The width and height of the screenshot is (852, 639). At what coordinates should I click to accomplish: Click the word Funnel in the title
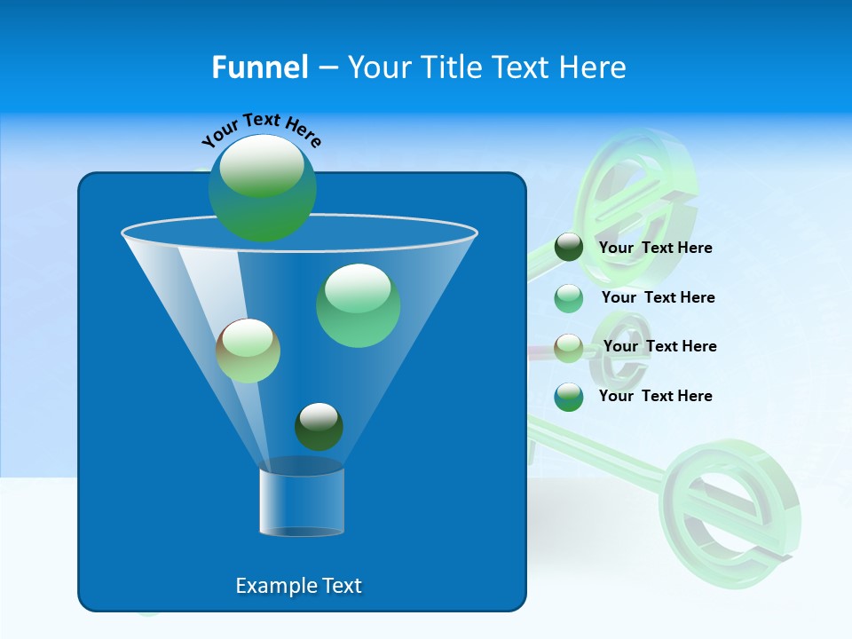coord(259,67)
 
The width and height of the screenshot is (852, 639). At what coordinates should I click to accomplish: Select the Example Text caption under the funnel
coord(298,586)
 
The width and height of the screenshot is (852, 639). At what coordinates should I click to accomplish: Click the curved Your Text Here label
coord(261,129)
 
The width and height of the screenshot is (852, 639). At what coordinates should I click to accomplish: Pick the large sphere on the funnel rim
coord(263,188)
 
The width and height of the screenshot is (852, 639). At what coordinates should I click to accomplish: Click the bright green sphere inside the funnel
coord(358,305)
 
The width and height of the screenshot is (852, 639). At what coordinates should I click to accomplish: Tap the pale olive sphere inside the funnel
coord(248,351)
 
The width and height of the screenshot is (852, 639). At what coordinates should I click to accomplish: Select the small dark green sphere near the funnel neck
coord(319,426)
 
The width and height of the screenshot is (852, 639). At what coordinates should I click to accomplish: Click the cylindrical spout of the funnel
coord(301,501)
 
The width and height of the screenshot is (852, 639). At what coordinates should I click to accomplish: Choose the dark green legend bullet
coord(569,248)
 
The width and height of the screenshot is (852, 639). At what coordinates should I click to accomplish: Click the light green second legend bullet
coord(569,298)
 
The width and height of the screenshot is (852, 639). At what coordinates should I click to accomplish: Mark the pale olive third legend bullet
coord(569,347)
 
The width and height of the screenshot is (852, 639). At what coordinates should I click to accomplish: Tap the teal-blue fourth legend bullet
coord(569,397)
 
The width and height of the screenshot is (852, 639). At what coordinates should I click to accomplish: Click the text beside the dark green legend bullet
coord(655,248)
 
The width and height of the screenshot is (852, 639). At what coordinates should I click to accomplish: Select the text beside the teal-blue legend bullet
coord(655,396)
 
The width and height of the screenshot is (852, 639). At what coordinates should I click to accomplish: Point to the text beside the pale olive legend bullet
coord(659,346)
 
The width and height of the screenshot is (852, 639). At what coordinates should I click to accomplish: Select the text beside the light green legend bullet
coord(658,297)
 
